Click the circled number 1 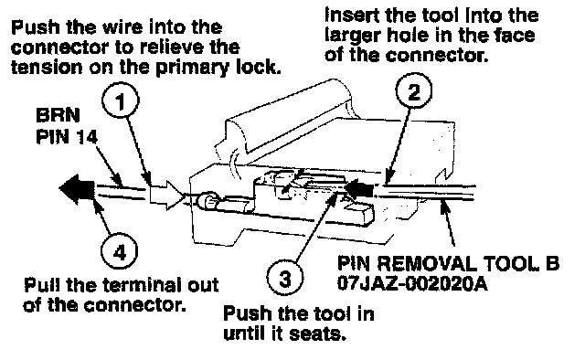[x=120, y=101]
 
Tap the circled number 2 [x=413, y=91]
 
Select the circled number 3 [x=285, y=278]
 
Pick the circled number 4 [x=120, y=252]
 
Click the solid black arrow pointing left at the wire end [x=77, y=189]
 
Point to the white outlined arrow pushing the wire [x=167, y=195]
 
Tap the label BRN [x=58, y=115]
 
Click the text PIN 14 [x=67, y=137]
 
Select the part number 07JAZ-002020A [x=412, y=283]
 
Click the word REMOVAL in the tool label [x=427, y=263]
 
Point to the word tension [x=47, y=68]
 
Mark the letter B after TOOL [x=552, y=263]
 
